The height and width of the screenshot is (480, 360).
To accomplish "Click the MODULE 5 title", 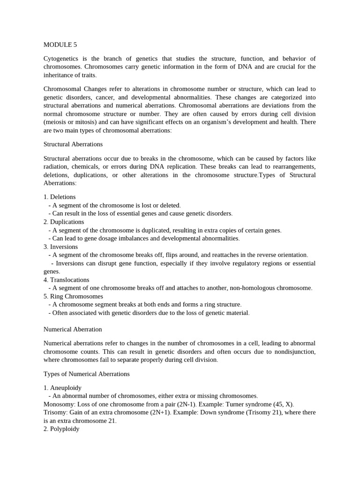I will [x=60, y=45].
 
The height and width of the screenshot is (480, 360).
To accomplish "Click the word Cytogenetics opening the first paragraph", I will [x=62, y=59].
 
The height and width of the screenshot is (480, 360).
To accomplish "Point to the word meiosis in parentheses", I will [x=57, y=122].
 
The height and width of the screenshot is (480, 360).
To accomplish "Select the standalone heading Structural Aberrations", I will [x=73, y=144].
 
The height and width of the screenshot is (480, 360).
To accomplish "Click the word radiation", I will [x=56, y=167].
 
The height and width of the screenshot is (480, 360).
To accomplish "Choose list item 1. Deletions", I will [x=60, y=197].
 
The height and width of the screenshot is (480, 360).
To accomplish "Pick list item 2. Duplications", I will [x=64, y=222].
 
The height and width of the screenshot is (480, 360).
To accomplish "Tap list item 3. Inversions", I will [x=60, y=247].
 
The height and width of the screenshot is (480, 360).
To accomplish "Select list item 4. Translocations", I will [x=66, y=280].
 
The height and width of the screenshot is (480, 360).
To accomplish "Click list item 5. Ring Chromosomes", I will [x=73, y=296].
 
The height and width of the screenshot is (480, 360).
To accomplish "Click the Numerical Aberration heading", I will [x=73, y=330].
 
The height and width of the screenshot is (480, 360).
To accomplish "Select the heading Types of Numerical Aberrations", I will [x=86, y=374].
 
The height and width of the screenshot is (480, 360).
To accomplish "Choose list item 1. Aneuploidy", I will [x=62, y=388].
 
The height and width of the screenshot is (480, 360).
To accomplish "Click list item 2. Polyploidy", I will [x=61, y=428].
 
